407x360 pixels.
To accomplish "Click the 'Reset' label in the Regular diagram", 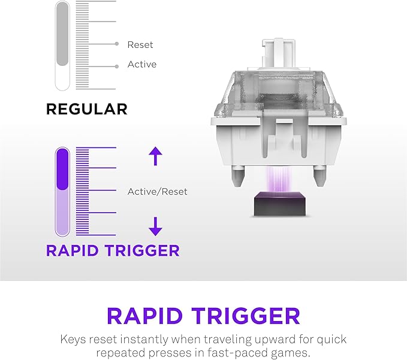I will [140, 44].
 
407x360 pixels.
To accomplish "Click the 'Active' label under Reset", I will [141, 65].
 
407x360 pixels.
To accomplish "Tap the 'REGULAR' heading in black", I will [86, 109].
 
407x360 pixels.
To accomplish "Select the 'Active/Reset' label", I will [157, 192].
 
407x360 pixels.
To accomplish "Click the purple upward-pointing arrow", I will [155, 156].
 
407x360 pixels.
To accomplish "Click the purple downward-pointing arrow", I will [155, 226].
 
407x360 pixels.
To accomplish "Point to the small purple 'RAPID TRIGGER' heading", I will [113, 250].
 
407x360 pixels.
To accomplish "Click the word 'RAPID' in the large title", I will [144, 316].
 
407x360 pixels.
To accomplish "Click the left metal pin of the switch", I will [237, 174].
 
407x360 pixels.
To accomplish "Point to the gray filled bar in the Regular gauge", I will [62, 33].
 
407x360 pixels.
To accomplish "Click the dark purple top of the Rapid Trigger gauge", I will [62, 170].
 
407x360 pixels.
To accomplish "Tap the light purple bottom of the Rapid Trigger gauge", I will [62, 213].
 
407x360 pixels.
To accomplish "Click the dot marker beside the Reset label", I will [116, 44].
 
